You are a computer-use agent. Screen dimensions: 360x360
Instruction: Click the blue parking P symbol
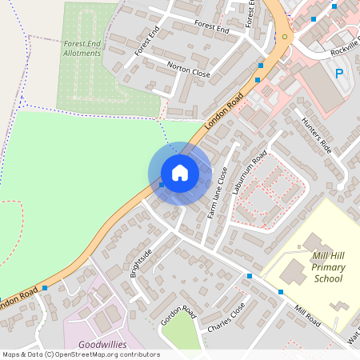[x=338, y=74]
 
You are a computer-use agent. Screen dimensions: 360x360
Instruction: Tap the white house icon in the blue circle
[x=180, y=173]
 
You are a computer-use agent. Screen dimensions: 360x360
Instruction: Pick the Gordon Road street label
[x=178, y=315]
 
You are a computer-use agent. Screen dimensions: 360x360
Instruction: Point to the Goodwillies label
[x=102, y=345]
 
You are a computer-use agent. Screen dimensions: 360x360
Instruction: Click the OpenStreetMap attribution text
[x=81, y=354]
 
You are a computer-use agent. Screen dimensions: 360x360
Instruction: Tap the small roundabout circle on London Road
[x=285, y=37]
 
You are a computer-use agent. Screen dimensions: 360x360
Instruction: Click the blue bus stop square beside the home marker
[x=162, y=185]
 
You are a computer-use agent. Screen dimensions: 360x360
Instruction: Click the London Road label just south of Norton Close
[x=223, y=112]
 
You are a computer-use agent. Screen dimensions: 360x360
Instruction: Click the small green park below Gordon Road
[x=179, y=334]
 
